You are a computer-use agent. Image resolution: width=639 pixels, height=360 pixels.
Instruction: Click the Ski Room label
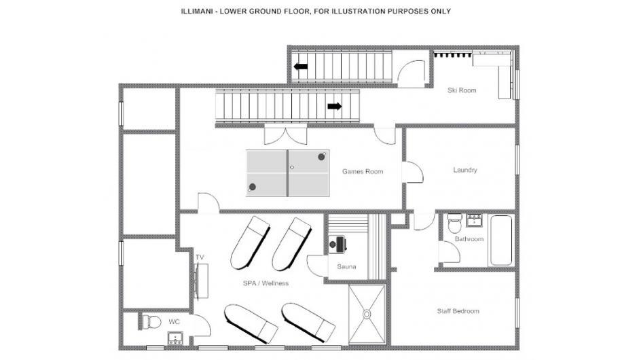(x=462, y=90)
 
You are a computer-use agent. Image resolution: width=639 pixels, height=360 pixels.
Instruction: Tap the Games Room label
(x=363, y=172)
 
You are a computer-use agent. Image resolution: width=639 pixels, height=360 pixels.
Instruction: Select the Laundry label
(x=465, y=170)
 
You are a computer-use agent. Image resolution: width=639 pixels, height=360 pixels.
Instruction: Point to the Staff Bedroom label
(x=458, y=311)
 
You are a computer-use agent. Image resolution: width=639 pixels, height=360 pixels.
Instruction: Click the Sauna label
(x=346, y=267)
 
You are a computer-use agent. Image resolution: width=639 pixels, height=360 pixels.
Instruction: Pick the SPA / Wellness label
(x=266, y=283)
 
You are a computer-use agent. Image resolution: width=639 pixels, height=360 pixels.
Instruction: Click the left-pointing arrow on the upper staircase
(x=301, y=67)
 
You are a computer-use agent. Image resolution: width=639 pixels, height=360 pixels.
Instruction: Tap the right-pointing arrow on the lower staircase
(x=335, y=107)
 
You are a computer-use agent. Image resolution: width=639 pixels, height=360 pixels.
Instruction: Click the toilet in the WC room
(x=151, y=322)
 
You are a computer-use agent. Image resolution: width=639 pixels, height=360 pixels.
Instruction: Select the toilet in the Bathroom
(x=454, y=223)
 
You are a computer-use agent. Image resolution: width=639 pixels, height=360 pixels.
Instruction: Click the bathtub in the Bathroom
(x=501, y=240)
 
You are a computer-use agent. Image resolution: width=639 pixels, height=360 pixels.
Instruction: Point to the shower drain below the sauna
(x=367, y=314)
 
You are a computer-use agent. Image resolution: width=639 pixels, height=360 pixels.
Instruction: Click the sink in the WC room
(x=175, y=338)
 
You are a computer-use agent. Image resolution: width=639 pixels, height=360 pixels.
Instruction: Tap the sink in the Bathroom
(x=474, y=220)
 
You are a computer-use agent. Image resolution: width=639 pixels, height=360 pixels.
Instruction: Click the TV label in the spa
(x=200, y=257)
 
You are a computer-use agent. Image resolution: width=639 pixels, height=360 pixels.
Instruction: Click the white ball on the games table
(x=292, y=167)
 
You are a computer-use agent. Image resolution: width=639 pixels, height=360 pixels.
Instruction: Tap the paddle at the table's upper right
(x=322, y=156)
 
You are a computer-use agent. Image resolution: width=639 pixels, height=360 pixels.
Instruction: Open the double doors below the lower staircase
(x=286, y=135)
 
